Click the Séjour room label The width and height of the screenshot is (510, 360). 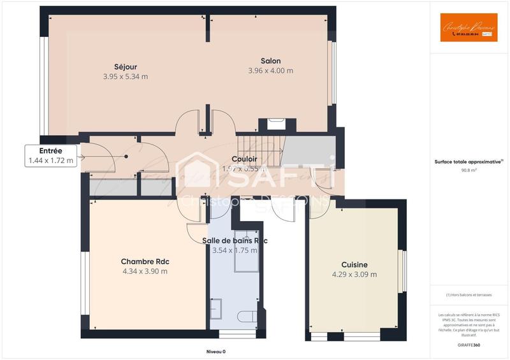(126, 67)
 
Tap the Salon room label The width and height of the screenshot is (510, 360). (270, 61)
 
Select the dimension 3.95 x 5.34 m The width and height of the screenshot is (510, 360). (126, 76)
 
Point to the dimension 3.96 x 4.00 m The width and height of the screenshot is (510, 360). (270, 71)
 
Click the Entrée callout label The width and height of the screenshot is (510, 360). (51, 151)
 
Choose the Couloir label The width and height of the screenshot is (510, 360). (244, 159)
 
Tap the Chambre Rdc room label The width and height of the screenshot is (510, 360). (145, 261)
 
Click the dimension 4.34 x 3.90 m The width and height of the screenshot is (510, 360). (145, 271)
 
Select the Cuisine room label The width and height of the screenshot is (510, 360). (354, 264)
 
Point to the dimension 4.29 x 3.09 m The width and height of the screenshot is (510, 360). (354, 275)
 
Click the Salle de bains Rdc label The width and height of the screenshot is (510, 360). (235, 240)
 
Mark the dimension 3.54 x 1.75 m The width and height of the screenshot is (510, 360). (235, 250)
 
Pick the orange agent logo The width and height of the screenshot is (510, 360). (469, 27)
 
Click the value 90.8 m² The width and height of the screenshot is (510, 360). (469, 171)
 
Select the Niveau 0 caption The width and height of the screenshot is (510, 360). (215, 352)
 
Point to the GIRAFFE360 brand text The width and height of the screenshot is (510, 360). (469, 344)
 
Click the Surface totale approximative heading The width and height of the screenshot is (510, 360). (469, 162)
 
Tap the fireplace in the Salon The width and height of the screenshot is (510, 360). (276, 124)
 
